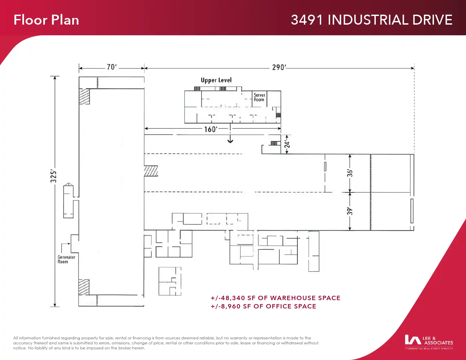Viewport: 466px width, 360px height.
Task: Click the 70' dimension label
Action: [x=112, y=67]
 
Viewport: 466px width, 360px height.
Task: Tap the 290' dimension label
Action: [x=279, y=68]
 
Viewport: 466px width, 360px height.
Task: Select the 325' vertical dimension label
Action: [x=54, y=176]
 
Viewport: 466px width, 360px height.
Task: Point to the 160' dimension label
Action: [x=211, y=129]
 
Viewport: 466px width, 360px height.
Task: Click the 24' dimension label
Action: [x=287, y=144]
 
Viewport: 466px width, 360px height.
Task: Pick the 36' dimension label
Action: [x=350, y=173]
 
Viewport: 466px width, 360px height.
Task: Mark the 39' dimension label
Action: [x=350, y=211]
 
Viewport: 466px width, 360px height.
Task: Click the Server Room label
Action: [x=259, y=97]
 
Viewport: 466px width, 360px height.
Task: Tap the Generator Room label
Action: [x=66, y=260]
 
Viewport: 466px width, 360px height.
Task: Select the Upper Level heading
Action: [x=216, y=80]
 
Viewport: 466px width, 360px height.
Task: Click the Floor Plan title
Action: [x=46, y=20]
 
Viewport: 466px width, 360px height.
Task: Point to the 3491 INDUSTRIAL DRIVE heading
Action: [x=371, y=20]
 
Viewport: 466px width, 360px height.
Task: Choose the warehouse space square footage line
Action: [x=275, y=298]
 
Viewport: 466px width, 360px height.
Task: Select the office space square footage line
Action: [x=263, y=306]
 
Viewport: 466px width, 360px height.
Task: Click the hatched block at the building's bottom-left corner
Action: [x=84, y=287]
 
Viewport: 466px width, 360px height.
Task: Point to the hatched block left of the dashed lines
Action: [x=151, y=171]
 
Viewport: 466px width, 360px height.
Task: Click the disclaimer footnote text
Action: [x=166, y=343]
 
